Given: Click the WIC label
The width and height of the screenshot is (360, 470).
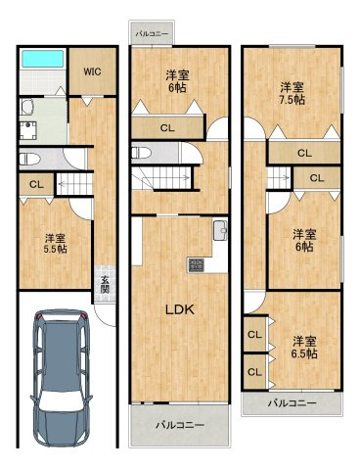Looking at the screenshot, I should pos(92,70).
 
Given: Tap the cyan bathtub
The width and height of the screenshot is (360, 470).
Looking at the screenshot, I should pos(42,58).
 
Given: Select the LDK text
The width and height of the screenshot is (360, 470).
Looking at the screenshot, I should pos(179,309).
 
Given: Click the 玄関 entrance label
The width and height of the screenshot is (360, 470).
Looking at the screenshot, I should pos(103,285).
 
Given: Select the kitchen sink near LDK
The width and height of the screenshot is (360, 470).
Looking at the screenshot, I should pos(220,231).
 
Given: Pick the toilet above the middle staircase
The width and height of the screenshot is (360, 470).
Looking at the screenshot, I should pos(138,152).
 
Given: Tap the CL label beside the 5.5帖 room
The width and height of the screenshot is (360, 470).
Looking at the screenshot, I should pos(35,184).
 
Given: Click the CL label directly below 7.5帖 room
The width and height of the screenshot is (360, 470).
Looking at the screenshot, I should pos(304,153).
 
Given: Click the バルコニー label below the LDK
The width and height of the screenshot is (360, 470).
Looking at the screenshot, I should pos(178,426).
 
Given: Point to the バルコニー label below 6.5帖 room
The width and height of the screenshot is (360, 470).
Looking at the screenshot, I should pos(291,402).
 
